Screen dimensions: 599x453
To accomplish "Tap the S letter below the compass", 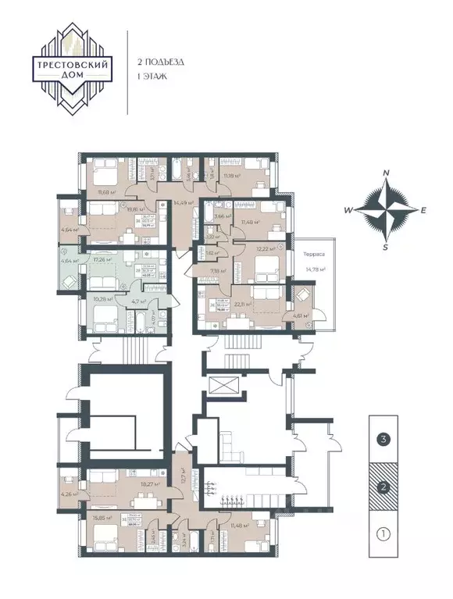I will click(x=385, y=247).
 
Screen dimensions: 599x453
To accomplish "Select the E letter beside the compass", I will click(x=424, y=210).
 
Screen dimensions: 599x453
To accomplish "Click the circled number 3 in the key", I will click(x=383, y=439).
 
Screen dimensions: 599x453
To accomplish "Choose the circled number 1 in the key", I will click(x=383, y=535).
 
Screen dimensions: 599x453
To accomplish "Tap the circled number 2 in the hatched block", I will click(x=383, y=487).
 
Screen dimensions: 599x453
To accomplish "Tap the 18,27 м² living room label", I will click(x=129, y=484).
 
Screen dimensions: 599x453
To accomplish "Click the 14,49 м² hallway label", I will click(x=184, y=203).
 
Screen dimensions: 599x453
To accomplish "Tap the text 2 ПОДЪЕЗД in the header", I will click(x=160, y=60).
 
